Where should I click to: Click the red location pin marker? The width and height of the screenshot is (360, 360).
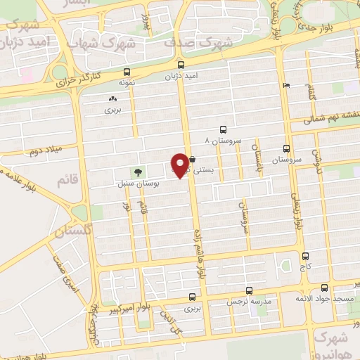[x=181, y=165]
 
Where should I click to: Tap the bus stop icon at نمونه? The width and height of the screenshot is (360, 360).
[x=127, y=72]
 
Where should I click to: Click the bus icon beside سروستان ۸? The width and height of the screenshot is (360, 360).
[x=223, y=129]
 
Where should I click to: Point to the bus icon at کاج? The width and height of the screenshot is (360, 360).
[x=304, y=257]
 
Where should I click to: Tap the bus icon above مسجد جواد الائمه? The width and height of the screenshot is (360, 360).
[x=323, y=288]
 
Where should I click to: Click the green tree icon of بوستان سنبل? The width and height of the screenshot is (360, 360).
[x=137, y=172]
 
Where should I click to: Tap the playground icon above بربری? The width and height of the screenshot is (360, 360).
[x=113, y=98]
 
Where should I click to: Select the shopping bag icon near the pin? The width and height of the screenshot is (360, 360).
[x=192, y=160]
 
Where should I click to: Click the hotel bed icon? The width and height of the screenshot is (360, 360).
[x=285, y=85]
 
